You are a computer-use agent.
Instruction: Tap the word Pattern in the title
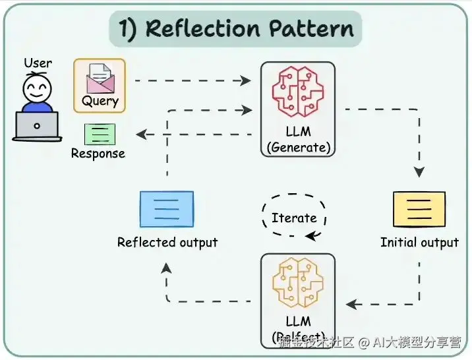tap(312, 28)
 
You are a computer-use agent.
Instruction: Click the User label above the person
tap(38, 63)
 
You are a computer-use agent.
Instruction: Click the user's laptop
tap(37, 125)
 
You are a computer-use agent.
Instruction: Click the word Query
tap(100, 101)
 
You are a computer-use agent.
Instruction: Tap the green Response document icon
tap(100, 134)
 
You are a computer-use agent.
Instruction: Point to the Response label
tap(98, 154)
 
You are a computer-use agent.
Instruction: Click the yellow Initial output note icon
tap(419, 209)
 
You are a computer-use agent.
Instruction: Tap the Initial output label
tap(419, 243)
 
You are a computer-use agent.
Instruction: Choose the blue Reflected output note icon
tap(167, 209)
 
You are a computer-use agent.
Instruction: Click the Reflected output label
tap(167, 243)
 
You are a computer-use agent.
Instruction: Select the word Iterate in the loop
tap(294, 218)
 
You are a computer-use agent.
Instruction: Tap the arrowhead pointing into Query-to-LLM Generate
tap(246, 81)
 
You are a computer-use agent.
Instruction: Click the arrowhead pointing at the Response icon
tap(140, 135)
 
